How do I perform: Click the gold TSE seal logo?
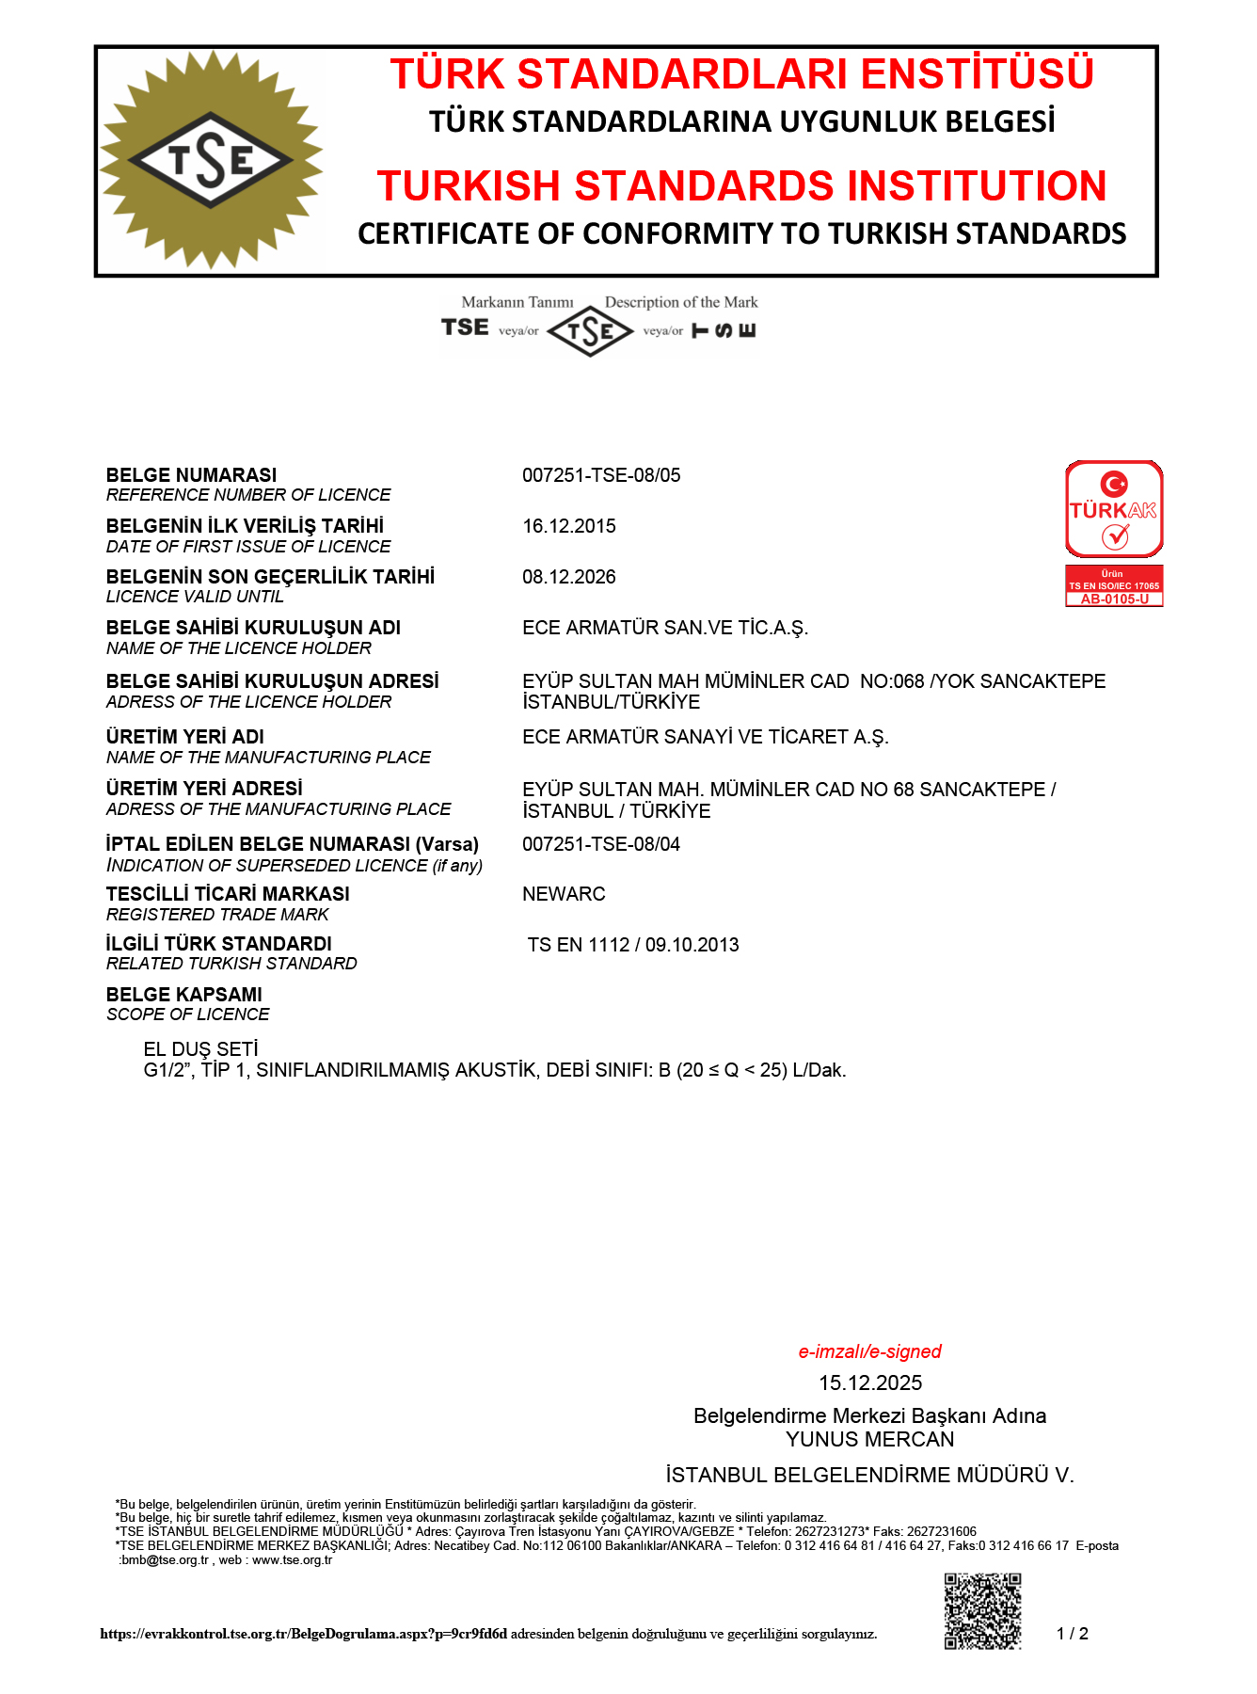click(x=212, y=160)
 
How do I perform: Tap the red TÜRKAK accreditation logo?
click(x=1114, y=509)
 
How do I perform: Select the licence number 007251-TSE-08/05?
click(x=601, y=475)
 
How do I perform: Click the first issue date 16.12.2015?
click(x=569, y=526)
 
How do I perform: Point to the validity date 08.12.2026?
click(x=569, y=577)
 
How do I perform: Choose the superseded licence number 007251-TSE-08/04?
click(x=601, y=844)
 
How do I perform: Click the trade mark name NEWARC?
click(x=564, y=894)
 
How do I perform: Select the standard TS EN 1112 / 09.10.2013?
click(x=633, y=945)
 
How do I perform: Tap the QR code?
click(x=982, y=1610)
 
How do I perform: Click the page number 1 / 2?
click(x=1073, y=1634)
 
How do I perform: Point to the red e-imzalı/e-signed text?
click(x=869, y=1351)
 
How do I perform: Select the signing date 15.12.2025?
click(x=870, y=1382)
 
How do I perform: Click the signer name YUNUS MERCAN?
click(x=870, y=1439)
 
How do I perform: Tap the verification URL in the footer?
click(x=303, y=1634)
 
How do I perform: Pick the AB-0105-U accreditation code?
click(x=1114, y=599)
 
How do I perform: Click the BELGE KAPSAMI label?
click(x=184, y=995)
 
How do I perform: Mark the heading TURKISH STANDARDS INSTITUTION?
click(x=741, y=185)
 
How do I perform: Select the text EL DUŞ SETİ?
click(x=200, y=1049)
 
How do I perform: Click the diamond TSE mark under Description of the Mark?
click(x=590, y=331)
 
